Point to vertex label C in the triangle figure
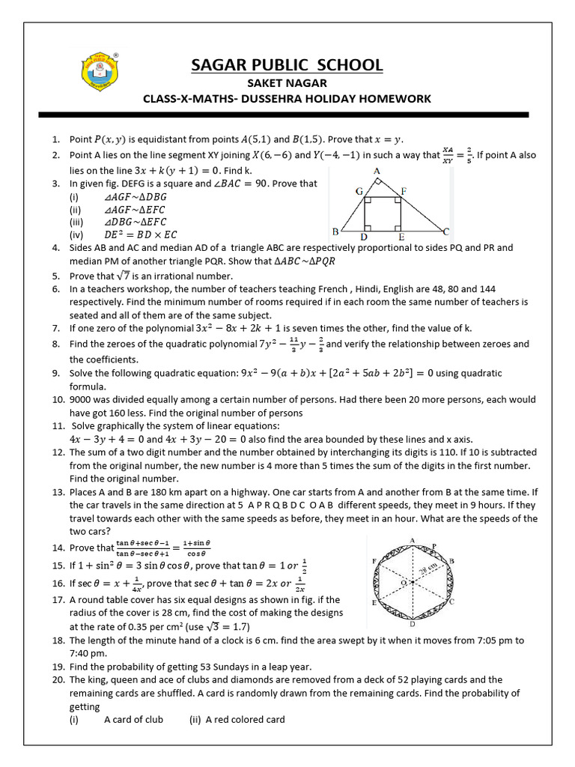(446, 231)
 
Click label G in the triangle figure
(359, 192)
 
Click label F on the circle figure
(374, 560)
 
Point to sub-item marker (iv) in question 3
(76, 235)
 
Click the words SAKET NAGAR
(287, 83)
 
